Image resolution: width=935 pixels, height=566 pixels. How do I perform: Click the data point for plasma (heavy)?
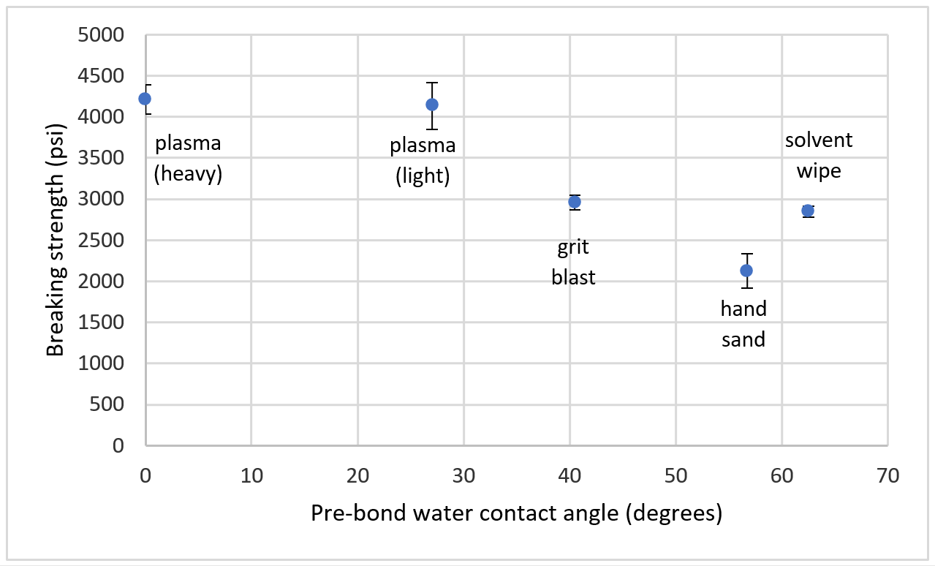coord(145,99)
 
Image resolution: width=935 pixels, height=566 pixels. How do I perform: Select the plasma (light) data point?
coord(432,105)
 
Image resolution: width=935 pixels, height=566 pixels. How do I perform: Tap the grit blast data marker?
coord(575,202)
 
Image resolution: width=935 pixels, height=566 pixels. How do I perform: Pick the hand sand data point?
coord(746,271)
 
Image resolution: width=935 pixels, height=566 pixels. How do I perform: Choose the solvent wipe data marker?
coord(808,211)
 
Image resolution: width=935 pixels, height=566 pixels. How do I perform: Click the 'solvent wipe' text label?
coord(819,155)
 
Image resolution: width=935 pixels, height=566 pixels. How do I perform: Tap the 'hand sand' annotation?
coord(743,324)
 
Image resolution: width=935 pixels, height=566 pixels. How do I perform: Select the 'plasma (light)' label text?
coord(423,161)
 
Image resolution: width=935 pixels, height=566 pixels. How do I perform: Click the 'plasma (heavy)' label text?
coord(188,158)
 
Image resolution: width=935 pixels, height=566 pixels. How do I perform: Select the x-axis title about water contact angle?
coord(516,513)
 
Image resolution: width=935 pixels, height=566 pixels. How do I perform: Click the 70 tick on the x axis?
coord(887,476)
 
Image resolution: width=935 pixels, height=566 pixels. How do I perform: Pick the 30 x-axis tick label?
coord(463,476)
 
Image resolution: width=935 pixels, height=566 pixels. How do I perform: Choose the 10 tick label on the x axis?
coord(251,476)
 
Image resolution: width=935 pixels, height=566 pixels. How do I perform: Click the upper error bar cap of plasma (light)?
coord(432,83)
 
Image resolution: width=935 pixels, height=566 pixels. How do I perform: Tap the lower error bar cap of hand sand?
coord(746,288)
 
